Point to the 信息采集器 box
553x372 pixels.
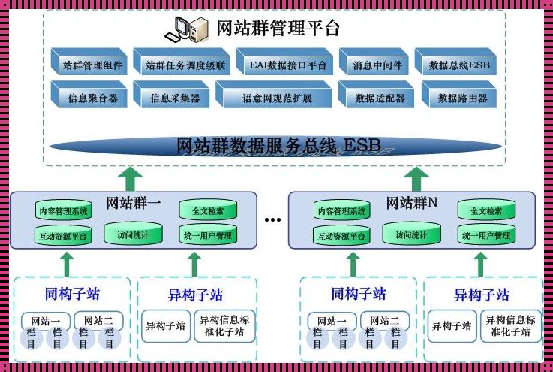coord(172,97)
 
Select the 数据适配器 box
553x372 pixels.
coord(377,97)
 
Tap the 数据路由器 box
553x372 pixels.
coord(459,97)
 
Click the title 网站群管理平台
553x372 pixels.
coord(278,29)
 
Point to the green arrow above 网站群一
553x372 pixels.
coord(132,178)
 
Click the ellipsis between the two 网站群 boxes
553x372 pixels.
coord(272,219)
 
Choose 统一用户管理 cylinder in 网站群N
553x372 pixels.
coord(491,235)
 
